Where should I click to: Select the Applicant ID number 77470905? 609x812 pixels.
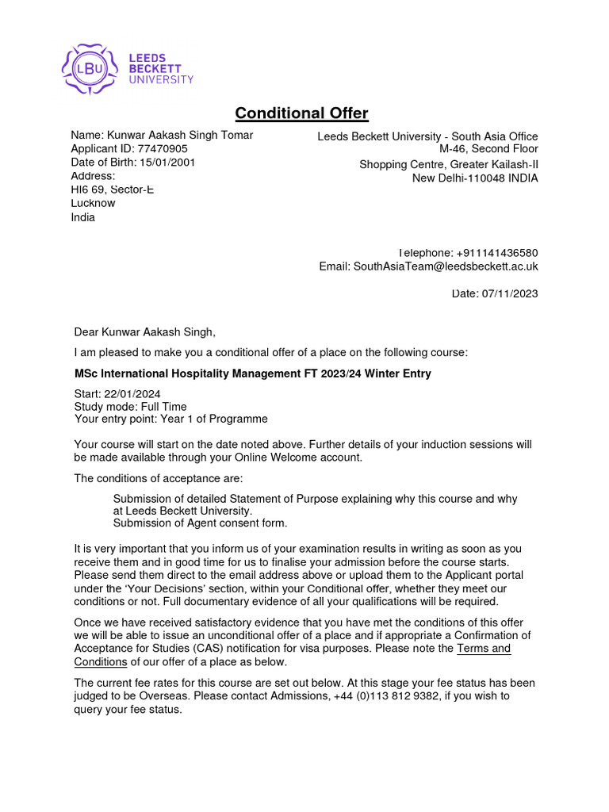point(163,149)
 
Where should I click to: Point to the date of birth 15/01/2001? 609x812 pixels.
point(167,163)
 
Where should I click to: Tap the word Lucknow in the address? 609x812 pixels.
point(93,203)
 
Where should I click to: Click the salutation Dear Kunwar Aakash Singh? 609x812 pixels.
point(144,332)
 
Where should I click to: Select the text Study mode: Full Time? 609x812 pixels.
point(130,407)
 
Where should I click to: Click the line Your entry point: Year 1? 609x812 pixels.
point(170,419)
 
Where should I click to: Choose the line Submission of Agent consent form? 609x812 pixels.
point(200,523)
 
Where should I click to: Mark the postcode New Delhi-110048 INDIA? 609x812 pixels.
point(474,178)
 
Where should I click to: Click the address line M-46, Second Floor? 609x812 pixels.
point(488,149)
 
